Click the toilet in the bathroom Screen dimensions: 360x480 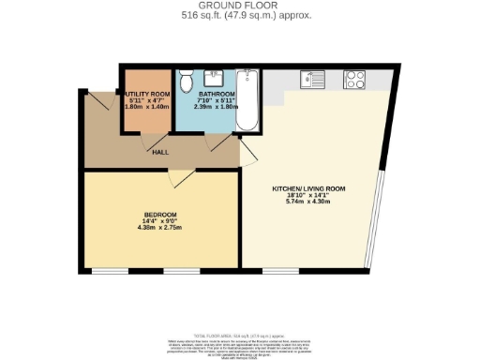point(187,82)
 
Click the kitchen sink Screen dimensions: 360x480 point(312,79)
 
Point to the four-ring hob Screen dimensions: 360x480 point(355,79)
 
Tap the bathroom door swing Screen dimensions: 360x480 point(221,142)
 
